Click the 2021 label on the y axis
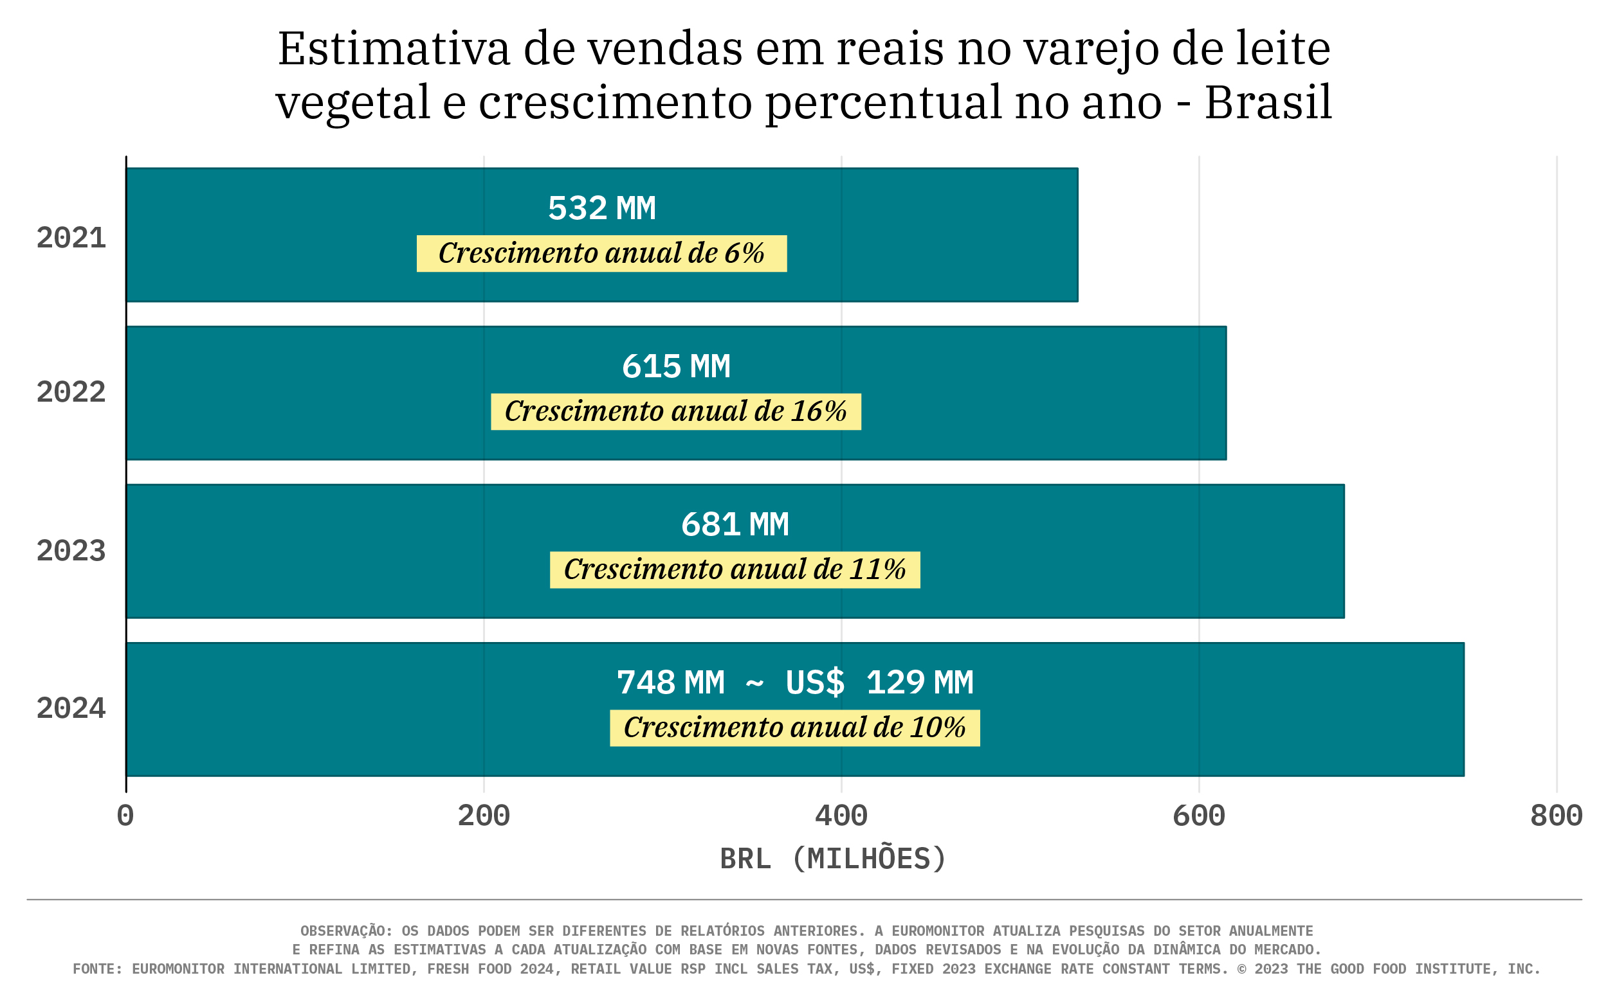(x=71, y=238)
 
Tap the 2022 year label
(x=71, y=393)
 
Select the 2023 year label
(x=71, y=551)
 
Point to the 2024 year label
(x=71, y=709)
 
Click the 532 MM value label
(x=601, y=208)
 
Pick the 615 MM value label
(x=675, y=366)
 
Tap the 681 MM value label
(x=735, y=524)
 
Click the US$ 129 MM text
(x=879, y=683)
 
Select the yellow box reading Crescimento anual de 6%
(x=601, y=253)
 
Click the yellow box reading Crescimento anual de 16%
(x=675, y=411)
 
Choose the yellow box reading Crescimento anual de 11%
(x=735, y=569)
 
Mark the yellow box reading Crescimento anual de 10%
(x=794, y=728)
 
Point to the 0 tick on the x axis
(x=125, y=816)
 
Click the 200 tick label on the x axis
(x=484, y=816)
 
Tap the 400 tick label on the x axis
(x=841, y=816)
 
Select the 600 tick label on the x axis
(x=1198, y=816)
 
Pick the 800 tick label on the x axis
(x=1556, y=816)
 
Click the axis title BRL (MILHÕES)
(x=833, y=859)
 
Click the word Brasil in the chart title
(x=1268, y=103)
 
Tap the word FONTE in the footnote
(x=96, y=970)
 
